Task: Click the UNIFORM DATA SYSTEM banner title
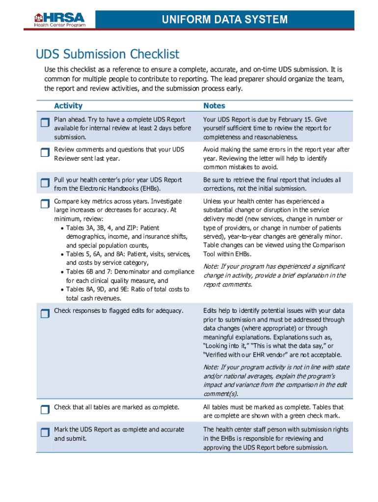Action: (225, 20)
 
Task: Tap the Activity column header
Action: (68, 106)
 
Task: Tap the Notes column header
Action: (215, 106)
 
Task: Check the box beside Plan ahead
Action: (45, 122)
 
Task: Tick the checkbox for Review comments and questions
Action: (45, 152)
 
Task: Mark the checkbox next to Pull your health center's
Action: (45, 182)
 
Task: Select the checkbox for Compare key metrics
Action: (45, 204)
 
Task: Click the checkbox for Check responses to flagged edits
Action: (45, 314)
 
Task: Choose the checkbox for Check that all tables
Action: (45, 410)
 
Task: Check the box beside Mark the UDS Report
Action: (45, 432)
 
